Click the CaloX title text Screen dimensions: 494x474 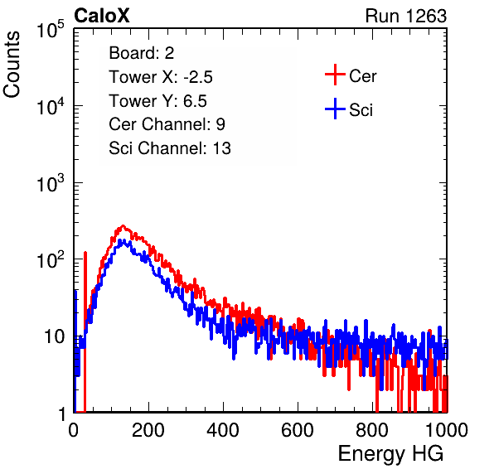click(x=102, y=16)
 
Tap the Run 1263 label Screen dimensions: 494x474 click(x=406, y=16)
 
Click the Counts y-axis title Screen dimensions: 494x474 click(x=12, y=65)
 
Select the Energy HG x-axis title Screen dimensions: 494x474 click(x=390, y=454)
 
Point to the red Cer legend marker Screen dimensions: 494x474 click(x=335, y=75)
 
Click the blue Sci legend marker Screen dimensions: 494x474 click(x=335, y=109)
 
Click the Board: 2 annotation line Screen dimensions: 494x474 click(x=142, y=53)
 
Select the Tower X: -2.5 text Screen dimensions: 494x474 click(x=161, y=77)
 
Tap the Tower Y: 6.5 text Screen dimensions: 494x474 click(x=157, y=101)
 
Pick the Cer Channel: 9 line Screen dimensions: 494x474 click(x=167, y=124)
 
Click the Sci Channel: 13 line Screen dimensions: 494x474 click(x=170, y=148)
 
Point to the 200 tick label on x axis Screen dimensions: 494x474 click(x=148, y=430)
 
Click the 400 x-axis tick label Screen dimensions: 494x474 click(x=223, y=430)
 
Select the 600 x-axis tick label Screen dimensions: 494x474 click(x=298, y=430)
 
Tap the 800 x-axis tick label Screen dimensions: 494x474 click(x=372, y=430)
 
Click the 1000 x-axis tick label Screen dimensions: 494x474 click(x=447, y=430)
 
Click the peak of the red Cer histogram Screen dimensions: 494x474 click(x=123, y=226)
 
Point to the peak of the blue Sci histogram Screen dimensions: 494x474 click(x=123, y=240)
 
